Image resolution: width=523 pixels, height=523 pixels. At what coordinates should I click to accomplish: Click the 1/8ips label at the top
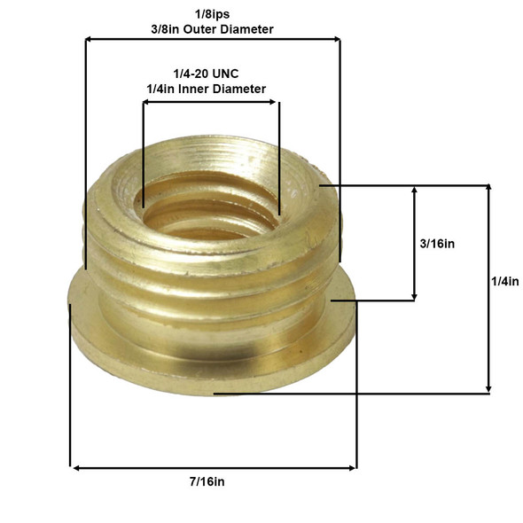212,14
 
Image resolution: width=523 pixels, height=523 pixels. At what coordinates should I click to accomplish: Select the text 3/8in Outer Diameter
212,29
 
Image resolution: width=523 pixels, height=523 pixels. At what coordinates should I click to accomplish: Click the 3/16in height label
441,243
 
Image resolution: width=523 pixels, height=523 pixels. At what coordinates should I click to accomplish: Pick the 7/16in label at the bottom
213,484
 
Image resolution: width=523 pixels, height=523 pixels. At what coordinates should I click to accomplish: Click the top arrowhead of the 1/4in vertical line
487,190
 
